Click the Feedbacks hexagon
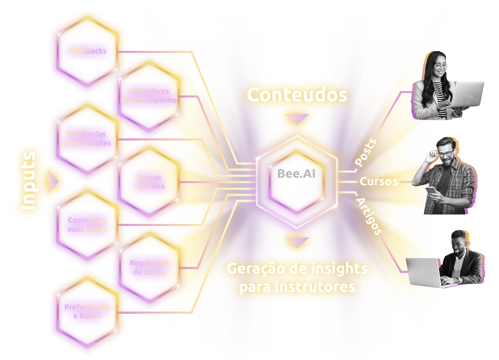[87, 51]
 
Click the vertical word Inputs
[29, 181]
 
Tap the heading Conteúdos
[297, 95]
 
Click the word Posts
[365, 152]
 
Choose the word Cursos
[378, 182]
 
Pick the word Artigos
[369, 216]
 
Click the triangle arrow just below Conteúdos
[297, 119]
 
